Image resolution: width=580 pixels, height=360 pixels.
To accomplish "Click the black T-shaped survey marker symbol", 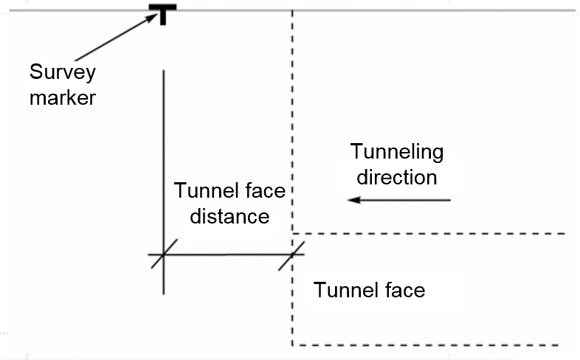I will [163, 13].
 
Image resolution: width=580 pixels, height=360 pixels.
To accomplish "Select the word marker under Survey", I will [63, 97].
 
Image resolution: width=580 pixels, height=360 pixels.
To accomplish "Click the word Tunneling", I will [397, 153].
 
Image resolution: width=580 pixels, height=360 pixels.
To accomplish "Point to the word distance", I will [229, 217].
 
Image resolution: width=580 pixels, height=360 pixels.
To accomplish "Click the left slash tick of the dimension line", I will [163, 255].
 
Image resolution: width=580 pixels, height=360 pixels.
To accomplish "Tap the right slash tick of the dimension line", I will [292, 255].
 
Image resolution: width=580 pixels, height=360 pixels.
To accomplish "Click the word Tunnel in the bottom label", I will [342, 290].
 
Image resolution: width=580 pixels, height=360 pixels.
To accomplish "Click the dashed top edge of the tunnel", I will [428, 234].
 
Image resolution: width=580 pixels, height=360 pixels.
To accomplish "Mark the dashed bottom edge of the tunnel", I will [428, 345].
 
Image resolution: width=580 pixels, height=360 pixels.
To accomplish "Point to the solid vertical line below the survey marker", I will [163, 148].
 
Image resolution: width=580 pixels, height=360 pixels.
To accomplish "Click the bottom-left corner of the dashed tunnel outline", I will [294, 344].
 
